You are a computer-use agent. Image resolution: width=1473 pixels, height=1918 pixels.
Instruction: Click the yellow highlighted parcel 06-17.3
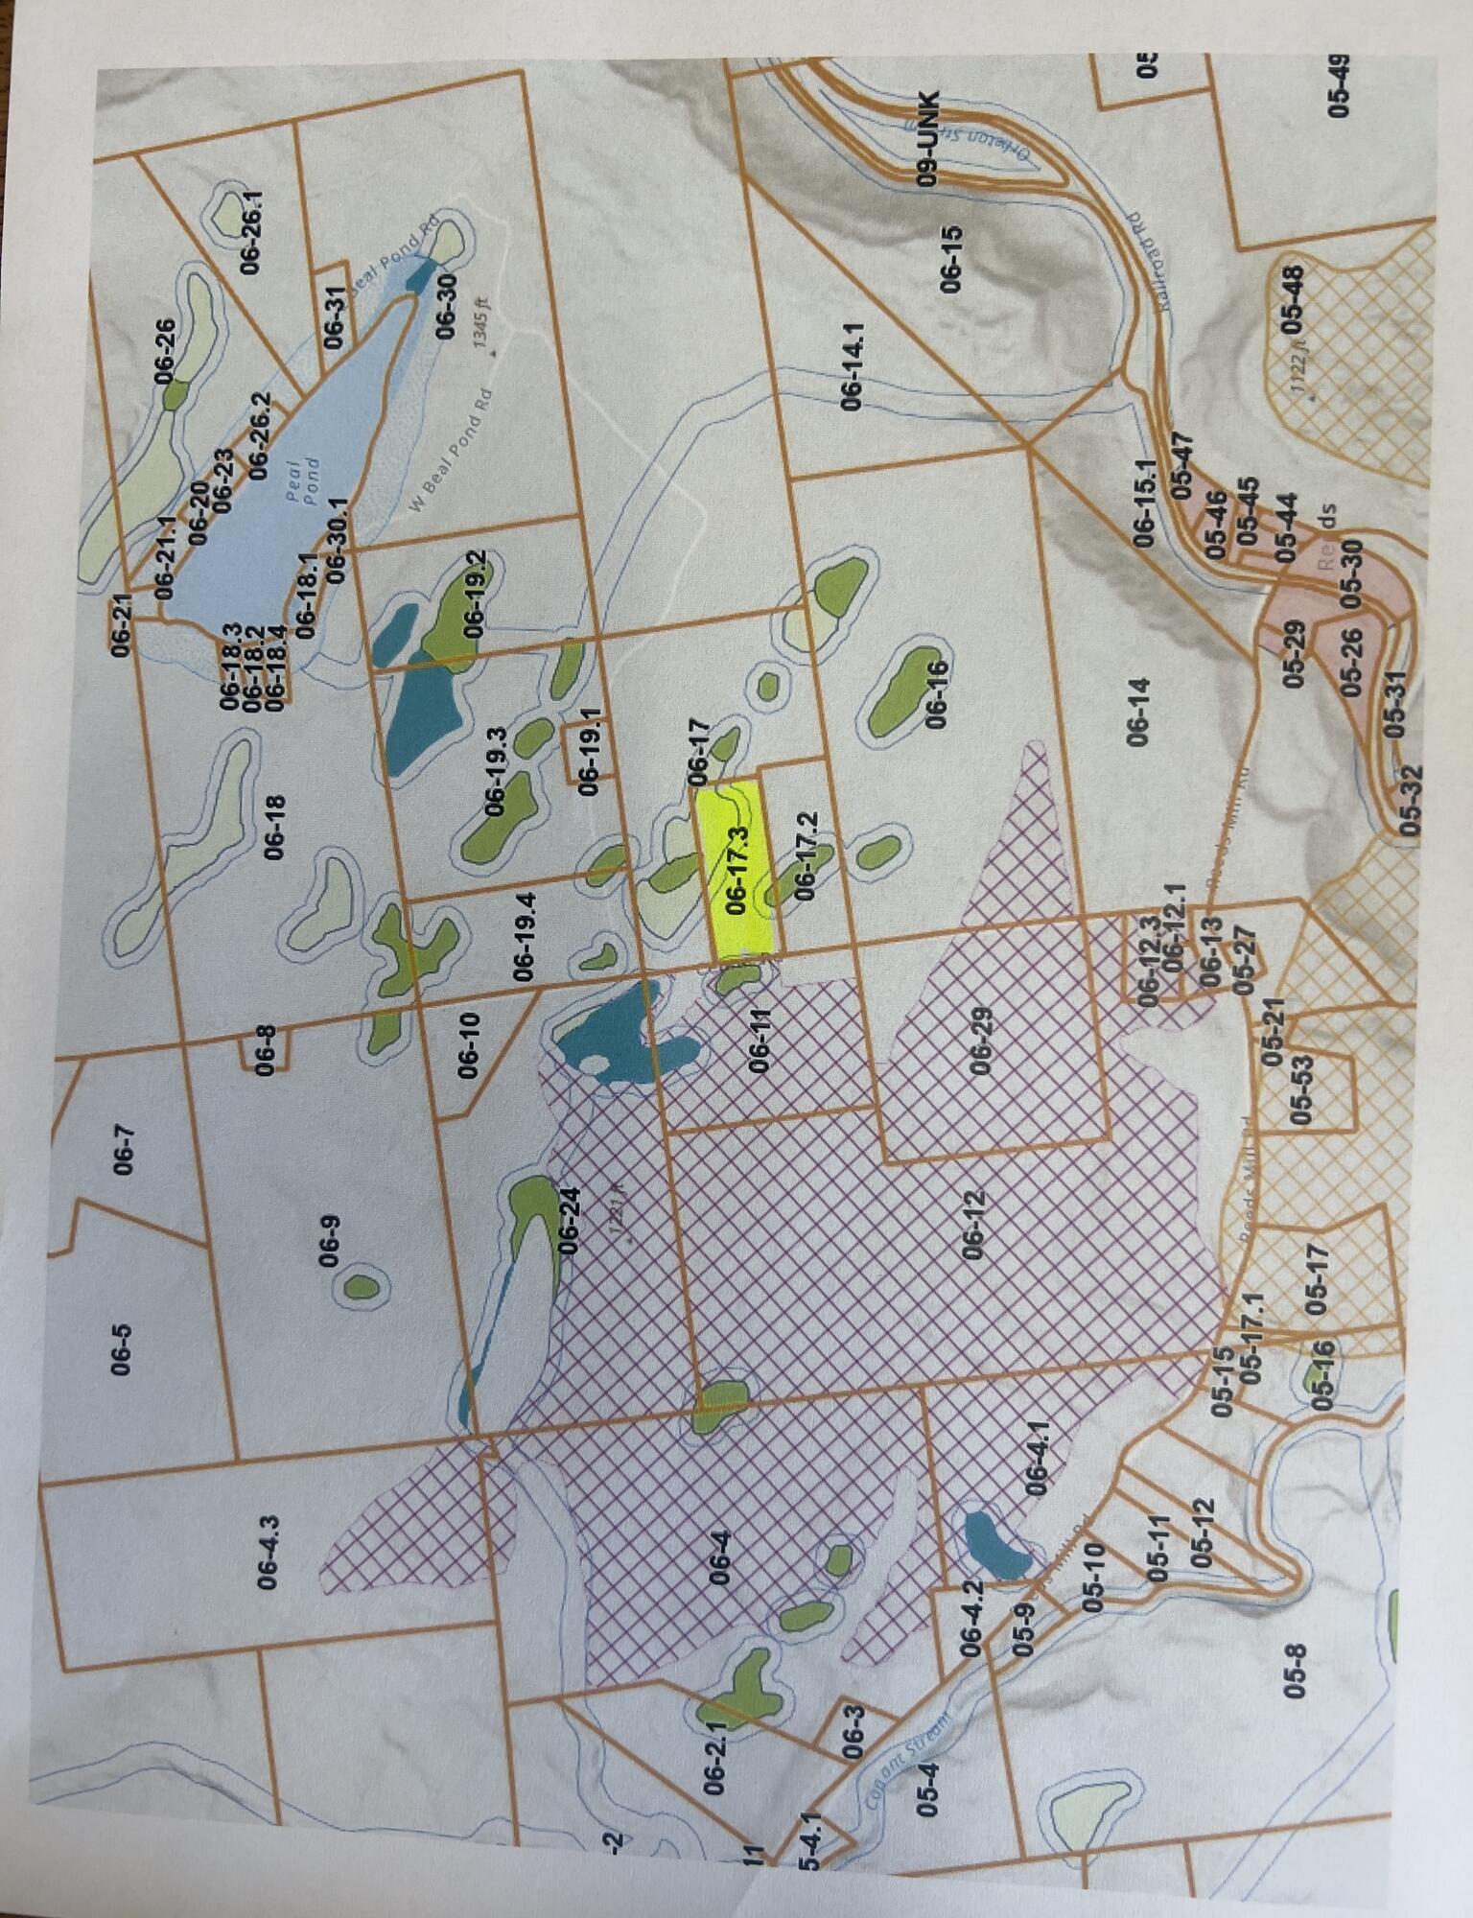[x=737, y=869]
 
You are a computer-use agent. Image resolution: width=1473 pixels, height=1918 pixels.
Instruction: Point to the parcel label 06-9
[x=329, y=1240]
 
